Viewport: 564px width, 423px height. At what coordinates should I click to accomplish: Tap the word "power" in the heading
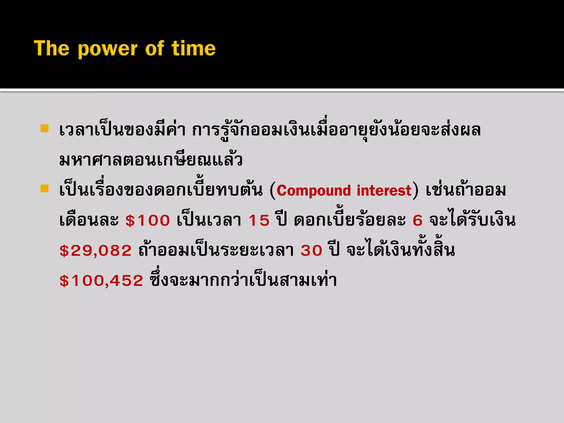[107, 50]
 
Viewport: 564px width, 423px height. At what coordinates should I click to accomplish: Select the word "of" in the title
[154, 48]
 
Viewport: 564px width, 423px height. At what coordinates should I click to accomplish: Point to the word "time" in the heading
[194, 48]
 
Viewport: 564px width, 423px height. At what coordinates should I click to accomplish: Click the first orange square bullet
[44, 128]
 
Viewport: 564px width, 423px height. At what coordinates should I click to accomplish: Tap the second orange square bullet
[44, 189]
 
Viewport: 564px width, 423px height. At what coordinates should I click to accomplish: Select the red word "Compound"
[314, 191]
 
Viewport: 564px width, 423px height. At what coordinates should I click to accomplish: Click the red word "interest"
[384, 191]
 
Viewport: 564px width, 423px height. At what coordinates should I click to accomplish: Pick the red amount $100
[148, 221]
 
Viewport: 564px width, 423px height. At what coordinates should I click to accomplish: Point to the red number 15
[259, 221]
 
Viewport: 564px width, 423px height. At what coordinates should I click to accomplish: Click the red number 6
[417, 221]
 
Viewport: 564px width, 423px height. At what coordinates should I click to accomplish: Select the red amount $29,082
[96, 251]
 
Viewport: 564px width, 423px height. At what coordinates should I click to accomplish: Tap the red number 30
[311, 251]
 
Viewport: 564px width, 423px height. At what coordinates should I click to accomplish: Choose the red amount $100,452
[101, 281]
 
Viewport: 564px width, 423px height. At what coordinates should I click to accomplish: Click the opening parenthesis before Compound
[273, 191]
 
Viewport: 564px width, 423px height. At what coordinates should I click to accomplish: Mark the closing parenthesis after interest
[415, 191]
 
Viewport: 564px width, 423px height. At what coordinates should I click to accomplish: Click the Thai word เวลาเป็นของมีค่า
[122, 130]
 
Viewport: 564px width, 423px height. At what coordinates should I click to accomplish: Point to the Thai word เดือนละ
[89, 221]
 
